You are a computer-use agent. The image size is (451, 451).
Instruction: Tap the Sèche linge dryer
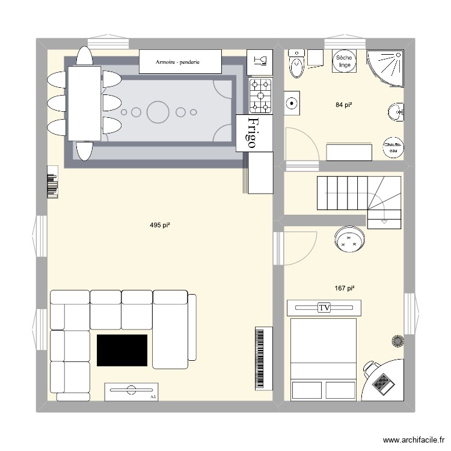pyautogui.click(x=344, y=61)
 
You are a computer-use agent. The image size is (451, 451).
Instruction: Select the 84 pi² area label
pyautogui.click(x=344, y=105)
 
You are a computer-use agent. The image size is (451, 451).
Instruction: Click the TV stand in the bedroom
pyautogui.click(x=325, y=307)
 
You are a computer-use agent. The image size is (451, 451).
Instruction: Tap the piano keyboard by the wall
pyautogui.click(x=261, y=358)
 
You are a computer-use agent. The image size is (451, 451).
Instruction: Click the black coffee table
pyautogui.click(x=122, y=350)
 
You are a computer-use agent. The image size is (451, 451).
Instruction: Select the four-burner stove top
pyautogui.click(x=261, y=96)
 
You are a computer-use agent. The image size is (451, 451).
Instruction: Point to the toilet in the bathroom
pyautogui.click(x=296, y=66)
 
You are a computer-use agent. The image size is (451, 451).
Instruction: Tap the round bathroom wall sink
pyautogui.click(x=396, y=111)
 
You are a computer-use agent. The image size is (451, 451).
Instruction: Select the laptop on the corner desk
pyautogui.click(x=382, y=381)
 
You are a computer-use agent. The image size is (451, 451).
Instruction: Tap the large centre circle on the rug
pyautogui.click(x=158, y=112)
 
